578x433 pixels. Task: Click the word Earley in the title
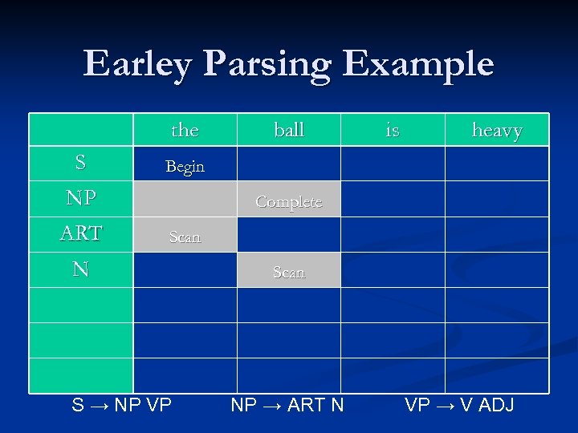tap(136, 64)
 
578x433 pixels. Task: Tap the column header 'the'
tap(185, 130)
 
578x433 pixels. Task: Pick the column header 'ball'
tap(289, 130)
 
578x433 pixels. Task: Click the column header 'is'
tap(393, 130)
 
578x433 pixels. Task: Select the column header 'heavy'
tap(497, 130)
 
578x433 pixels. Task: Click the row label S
tap(80, 163)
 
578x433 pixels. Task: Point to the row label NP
tap(80, 199)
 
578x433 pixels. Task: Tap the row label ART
tap(80, 233)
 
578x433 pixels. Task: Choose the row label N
tap(80, 269)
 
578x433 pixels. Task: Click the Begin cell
tap(185, 167)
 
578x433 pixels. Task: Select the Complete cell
tap(289, 202)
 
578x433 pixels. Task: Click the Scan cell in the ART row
tap(185, 237)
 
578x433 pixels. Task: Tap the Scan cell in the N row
tap(289, 273)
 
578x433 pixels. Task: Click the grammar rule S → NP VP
tap(122, 405)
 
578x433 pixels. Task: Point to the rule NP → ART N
tap(287, 405)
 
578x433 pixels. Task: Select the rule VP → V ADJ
tap(459, 405)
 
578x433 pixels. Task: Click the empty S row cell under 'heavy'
tap(497, 164)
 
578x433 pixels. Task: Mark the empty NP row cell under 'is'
tap(393, 199)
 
